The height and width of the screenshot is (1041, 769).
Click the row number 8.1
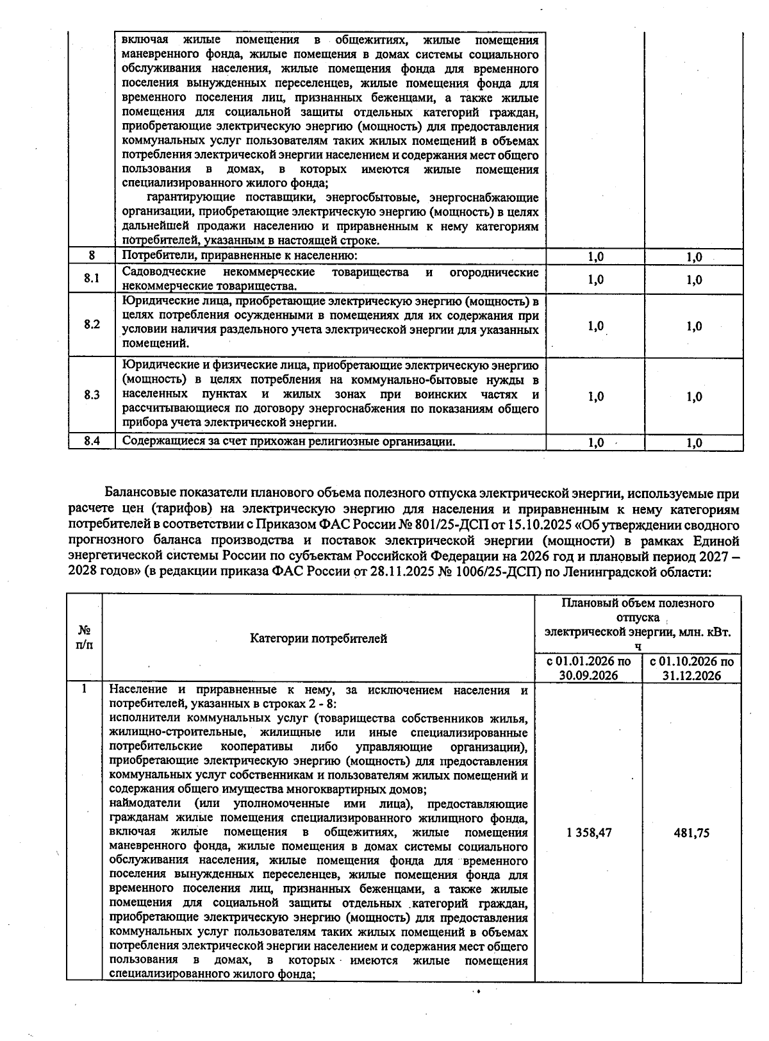(92, 279)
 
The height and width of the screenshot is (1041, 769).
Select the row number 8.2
(92, 324)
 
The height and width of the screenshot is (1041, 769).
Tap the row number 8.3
(92, 395)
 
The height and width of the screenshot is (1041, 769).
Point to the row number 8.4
(92, 441)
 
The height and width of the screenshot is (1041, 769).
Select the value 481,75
(691, 833)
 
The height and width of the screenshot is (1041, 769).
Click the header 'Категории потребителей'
(318, 638)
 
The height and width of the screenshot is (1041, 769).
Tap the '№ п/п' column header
(85, 638)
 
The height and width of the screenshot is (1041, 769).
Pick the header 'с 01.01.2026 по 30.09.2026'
(588, 668)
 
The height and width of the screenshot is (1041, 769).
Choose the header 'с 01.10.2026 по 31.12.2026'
(691, 668)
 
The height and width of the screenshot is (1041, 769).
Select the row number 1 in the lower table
(84, 690)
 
